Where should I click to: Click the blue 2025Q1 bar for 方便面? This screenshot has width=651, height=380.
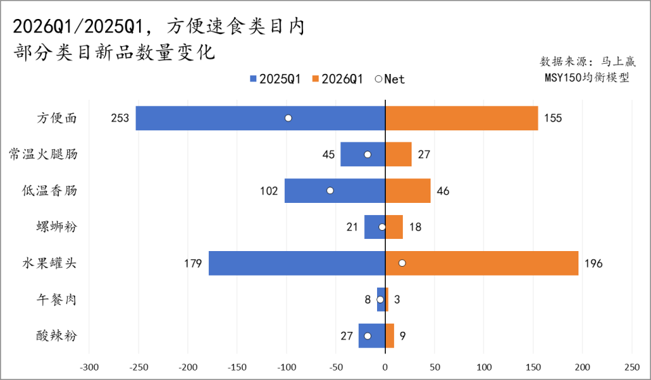[x=260, y=118]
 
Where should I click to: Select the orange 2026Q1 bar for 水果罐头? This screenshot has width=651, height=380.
[x=481, y=263]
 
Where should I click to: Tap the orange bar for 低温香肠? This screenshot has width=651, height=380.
[x=408, y=191]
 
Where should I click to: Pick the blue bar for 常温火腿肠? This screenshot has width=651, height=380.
[x=362, y=154]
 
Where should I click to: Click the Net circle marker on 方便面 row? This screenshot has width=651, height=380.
[x=288, y=118]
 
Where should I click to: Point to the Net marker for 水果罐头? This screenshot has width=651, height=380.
[x=402, y=263]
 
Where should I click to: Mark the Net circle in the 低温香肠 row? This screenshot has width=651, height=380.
[x=330, y=191]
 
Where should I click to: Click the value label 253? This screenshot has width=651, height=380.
[x=120, y=118]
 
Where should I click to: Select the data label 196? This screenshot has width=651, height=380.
[x=593, y=263]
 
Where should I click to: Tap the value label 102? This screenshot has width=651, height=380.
[x=269, y=191]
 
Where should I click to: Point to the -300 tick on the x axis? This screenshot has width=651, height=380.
[x=88, y=367]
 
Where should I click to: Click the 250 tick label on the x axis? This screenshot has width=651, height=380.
[x=632, y=367]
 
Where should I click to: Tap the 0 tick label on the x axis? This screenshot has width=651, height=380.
[x=385, y=367]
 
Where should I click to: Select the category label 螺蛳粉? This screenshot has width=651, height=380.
[x=57, y=227]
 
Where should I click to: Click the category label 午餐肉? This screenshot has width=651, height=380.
[x=57, y=299]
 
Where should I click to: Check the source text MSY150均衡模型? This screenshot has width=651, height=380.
[x=587, y=77]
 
